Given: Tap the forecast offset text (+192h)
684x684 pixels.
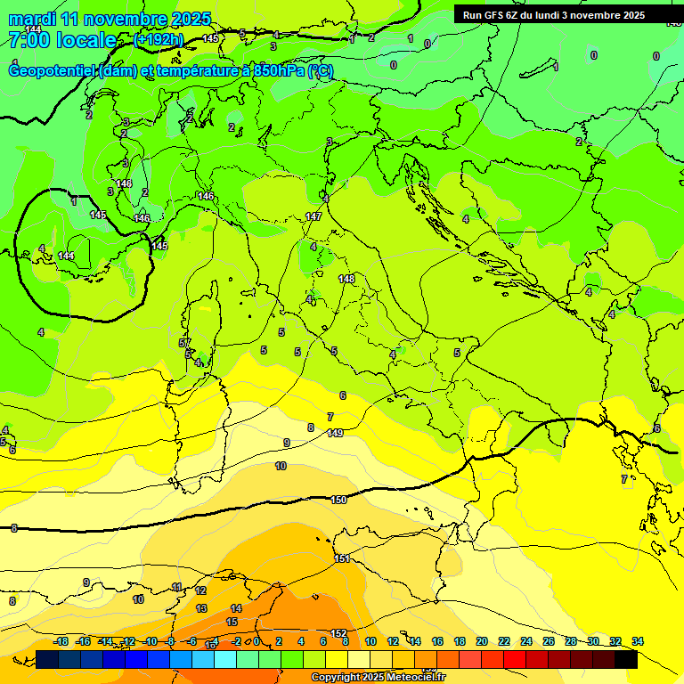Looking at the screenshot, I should pyautogui.click(x=158, y=39).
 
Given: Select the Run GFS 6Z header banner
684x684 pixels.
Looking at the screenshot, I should pyautogui.click(x=554, y=14).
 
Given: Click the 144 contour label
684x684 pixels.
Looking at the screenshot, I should pyautogui.click(x=66, y=256).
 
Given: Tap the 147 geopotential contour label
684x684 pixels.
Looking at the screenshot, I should pyautogui.click(x=313, y=216).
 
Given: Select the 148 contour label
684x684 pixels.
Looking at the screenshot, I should pyautogui.click(x=346, y=279).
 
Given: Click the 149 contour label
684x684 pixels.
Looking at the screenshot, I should pyautogui.click(x=335, y=433).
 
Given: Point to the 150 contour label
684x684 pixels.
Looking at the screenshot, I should pyautogui.click(x=338, y=500).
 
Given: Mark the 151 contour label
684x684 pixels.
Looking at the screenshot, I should pyautogui.click(x=342, y=558).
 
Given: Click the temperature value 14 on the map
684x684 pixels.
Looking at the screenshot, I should pyautogui.click(x=236, y=608).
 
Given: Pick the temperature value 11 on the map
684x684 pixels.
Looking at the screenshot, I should pyautogui.click(x=177, y=587).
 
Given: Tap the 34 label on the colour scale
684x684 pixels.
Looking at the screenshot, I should pyautogui.click(x=638, y=641).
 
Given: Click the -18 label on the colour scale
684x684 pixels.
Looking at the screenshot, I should pyautogui.click(x=61, y=641).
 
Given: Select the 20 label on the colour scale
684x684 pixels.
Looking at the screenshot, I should pyautogui.click(x=482, y=641).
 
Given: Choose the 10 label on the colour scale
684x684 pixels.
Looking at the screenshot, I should pyautogui.click(x=370, y=641).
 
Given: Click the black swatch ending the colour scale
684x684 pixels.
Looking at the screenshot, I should pyautogui.click(x=626, y=659).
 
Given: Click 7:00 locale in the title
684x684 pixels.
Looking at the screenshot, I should pyautogui.click(x=62, y=40).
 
